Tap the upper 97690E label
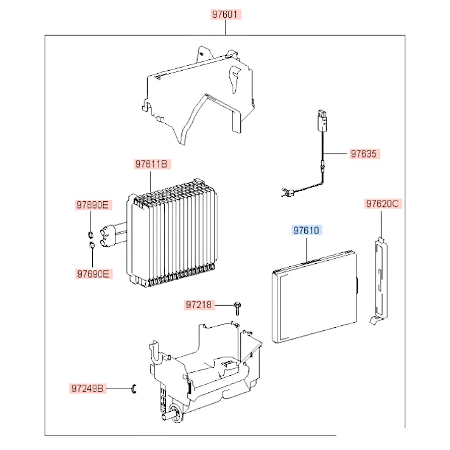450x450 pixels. [x=92, y=206]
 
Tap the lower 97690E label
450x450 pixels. [x=92, y=273]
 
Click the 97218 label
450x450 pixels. [x=199, y=305]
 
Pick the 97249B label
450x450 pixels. [x=88, y=387]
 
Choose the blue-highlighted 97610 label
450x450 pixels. [x=306, y=231]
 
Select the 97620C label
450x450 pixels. [x=382, y=204]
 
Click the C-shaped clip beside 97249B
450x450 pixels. [x=134, y=388]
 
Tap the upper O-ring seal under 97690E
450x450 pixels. [x=90, y=234]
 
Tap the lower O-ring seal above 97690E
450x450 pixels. [x=91, y=245]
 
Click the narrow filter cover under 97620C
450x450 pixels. [x=380, y=279]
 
